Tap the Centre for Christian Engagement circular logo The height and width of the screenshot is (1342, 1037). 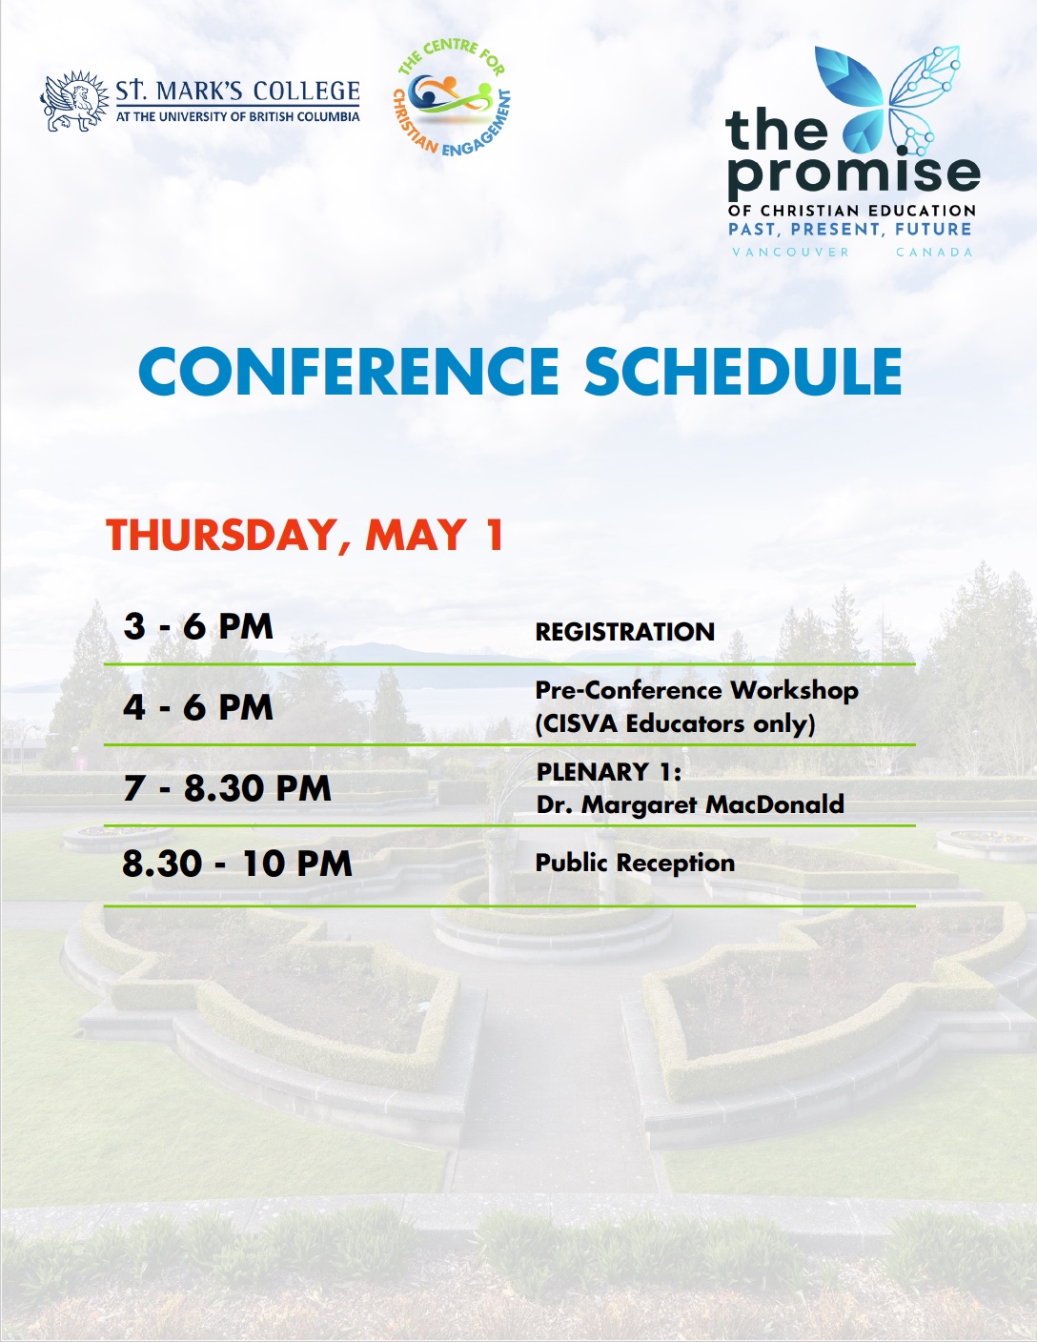(453, 97)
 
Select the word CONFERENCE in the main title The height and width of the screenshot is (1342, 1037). (349, 371)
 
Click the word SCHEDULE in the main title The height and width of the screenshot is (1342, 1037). (743, 371)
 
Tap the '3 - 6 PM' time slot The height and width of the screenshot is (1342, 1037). (198, 626)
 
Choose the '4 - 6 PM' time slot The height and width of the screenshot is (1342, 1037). (198, 707)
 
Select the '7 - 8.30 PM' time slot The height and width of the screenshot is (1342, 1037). (227, 788)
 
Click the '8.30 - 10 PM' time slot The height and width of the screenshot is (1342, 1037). (237, 864)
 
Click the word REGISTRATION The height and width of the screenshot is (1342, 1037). (625, 632)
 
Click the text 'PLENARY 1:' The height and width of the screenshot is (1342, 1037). (609, 772)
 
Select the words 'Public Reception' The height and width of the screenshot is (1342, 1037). (635, 864)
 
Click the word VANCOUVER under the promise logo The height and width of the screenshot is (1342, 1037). (790, 252)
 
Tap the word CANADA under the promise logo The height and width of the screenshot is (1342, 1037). (934, 252)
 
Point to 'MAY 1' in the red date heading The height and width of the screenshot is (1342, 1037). (434, 535)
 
